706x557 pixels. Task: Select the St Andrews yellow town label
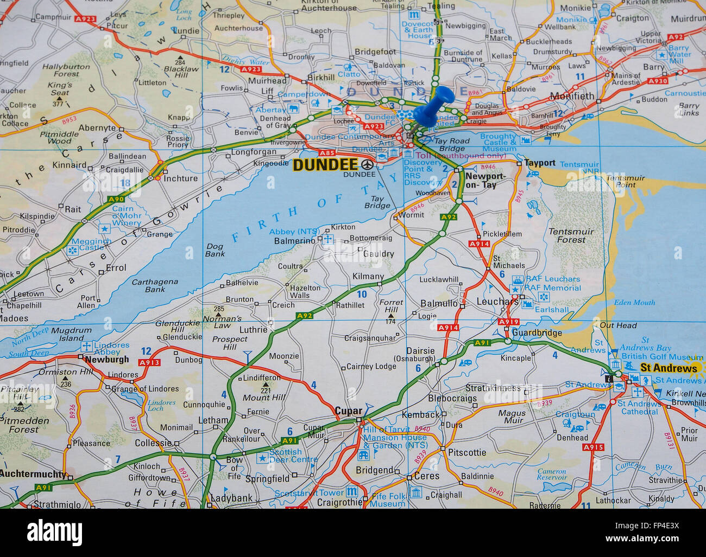(668, 368)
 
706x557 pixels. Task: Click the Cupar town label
(348, 411)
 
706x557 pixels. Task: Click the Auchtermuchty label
(33, 473)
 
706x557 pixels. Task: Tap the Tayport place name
(539, 163)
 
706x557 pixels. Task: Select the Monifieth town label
(571, 96)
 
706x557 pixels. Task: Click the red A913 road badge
(149, 362)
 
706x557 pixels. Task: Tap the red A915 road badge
(593, 447)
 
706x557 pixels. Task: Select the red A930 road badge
(658, 81)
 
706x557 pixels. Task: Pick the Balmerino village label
(294, 240)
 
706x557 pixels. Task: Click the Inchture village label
(181, 178)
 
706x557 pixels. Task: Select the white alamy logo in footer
(55, 532)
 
